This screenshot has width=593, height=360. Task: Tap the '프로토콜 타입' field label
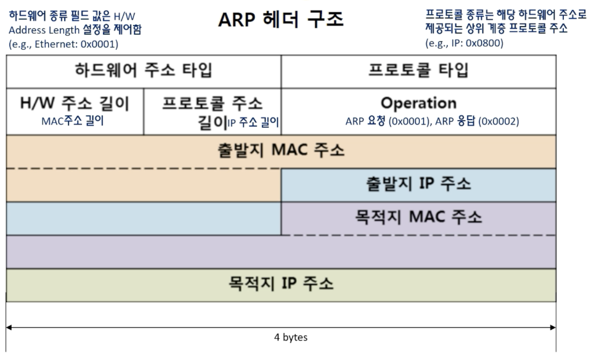click(x=418, y=71)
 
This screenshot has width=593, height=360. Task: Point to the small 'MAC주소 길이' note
click(x=73, y=121)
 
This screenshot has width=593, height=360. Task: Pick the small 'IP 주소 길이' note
click(x=253, y=123)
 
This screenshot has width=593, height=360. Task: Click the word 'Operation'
click(x=419, y=103)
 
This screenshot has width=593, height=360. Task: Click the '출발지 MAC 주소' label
click(x=280, y=151)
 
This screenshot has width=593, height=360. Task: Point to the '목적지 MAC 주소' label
click(x=419, y=217)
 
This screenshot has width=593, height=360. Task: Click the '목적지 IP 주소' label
click(x=280, y=284)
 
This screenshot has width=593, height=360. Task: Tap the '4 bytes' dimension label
click(x=291, y=337)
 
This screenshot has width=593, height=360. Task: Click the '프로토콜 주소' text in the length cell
click(x=212, y=104)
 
